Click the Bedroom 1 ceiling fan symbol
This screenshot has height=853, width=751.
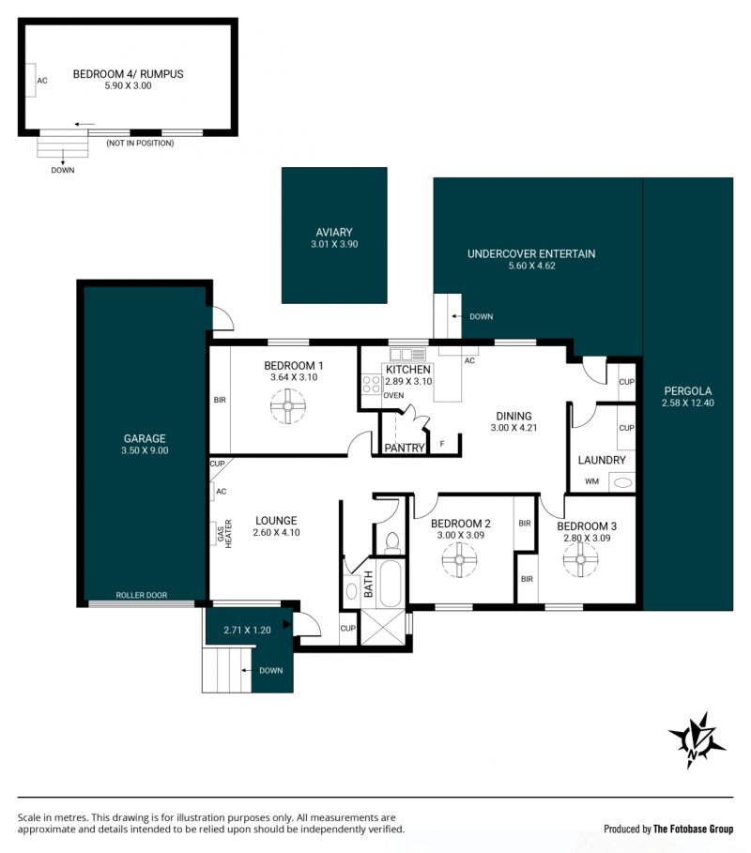click(288, 405)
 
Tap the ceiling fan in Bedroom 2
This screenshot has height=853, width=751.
click(459, 560)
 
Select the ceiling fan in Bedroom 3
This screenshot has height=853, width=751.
click(580, 560)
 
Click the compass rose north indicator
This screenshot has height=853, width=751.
click(696, 739)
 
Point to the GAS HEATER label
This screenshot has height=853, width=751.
click(224, 533)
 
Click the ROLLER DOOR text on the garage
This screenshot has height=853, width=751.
click(142, 595)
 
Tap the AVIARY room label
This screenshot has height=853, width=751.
click(334, 232)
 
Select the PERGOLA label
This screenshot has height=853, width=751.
click(688, 390)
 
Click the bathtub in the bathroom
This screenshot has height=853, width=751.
click(391, 583)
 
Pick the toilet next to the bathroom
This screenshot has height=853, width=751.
click(391, 541)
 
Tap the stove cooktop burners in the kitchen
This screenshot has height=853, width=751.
click(372, 384)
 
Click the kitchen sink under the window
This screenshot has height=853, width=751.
click(407, 355)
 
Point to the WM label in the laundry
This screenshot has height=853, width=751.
click(591, 481)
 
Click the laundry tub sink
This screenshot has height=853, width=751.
click(622, 482)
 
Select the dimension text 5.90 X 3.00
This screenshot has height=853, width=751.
click(128, 85)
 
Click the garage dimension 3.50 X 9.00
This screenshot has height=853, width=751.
click(145, 450)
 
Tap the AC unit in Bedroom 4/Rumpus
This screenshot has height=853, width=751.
click(30, 80)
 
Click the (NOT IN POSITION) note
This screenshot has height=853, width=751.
click(141, 143)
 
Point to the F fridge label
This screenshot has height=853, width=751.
click(442, 444)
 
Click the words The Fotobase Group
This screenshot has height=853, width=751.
click(693, 829)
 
